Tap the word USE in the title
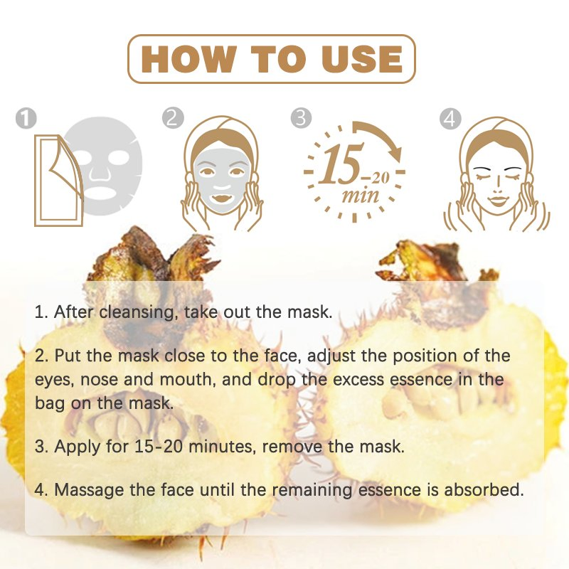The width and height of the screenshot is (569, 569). tap(358, 58)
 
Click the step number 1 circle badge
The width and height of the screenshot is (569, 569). tap(26, 118)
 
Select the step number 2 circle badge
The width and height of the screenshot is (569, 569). tap(172, 118)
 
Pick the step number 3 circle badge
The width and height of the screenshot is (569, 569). tap(302, 118)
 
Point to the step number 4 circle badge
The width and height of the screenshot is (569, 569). tap(450, 118)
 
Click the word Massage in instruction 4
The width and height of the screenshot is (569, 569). tap(87, 489)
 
